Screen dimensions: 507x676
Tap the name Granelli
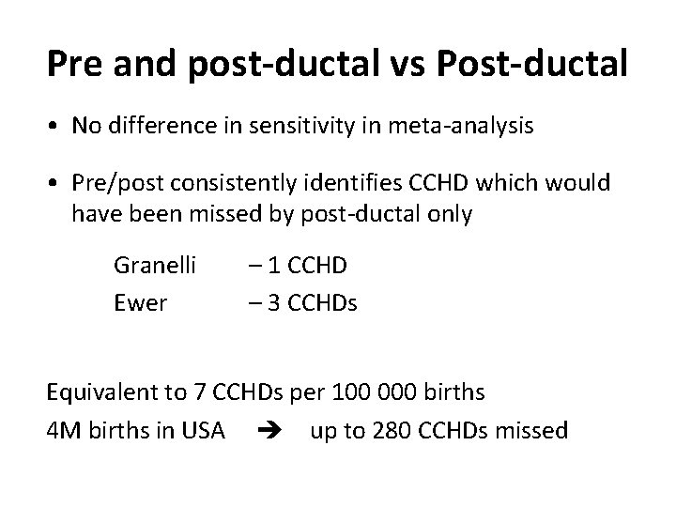point(155,266)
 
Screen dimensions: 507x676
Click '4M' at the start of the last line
point(62,431)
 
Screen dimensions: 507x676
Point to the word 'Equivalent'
point(98,393)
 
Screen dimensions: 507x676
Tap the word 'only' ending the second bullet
point(451,215)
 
